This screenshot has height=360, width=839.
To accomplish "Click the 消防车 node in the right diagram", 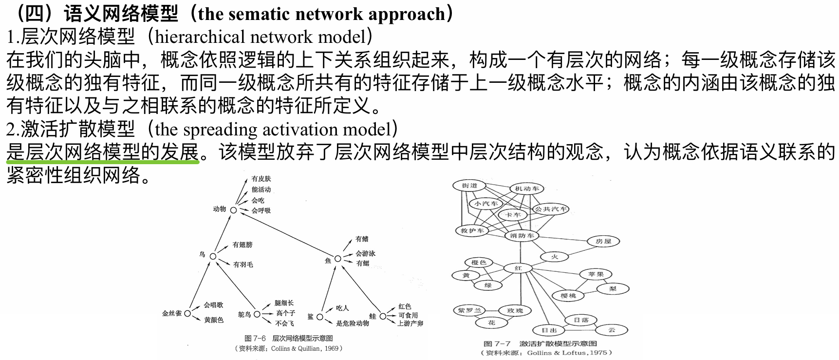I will (x=522, y=236).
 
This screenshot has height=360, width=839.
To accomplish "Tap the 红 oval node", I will (x=518, y=268).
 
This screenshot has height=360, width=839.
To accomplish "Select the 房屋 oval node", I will (x=603, y=241).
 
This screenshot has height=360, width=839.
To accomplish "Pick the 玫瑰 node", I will (x=515, y=311).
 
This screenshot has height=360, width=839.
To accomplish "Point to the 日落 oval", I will (x=581, y=320).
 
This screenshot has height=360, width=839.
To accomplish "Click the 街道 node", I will (x=469, y=186).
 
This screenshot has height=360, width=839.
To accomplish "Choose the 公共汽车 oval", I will (x=551, y=209).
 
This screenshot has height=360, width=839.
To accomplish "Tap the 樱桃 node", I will (x=568, y=296).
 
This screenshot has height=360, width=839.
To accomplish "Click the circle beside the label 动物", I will (x=233, y=210).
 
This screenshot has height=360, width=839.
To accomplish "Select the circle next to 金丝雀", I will (x=187, y=313).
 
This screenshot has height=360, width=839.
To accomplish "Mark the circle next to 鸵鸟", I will (x=257, y=314).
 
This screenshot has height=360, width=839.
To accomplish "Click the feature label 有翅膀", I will (x=242, y=245).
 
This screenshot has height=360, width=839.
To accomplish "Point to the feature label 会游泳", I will (x=365, y=253).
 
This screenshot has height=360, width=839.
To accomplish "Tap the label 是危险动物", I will (x=352, y=323).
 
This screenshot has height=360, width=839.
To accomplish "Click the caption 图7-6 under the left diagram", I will (x=255, y=338).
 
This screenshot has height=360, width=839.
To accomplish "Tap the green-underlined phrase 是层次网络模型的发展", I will (x=103, y=152).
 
